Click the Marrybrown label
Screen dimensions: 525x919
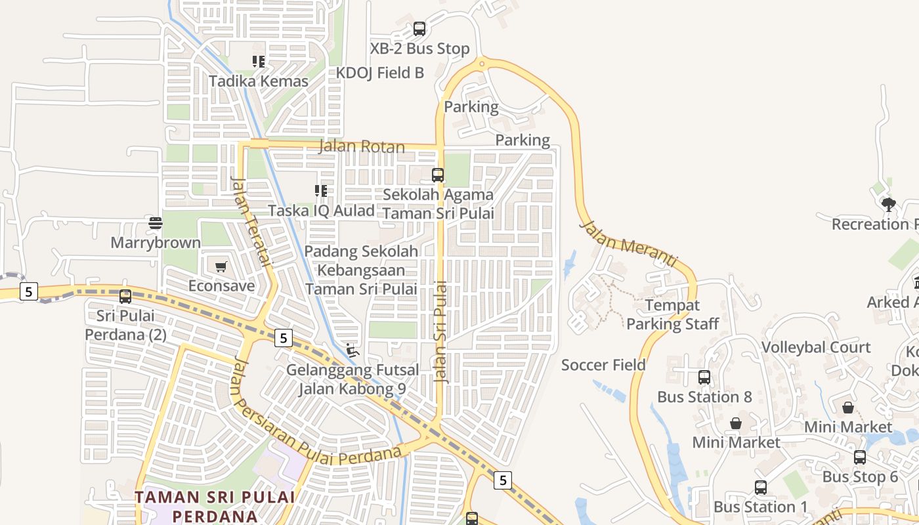(156, 243)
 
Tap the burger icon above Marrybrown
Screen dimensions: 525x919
(156, 223)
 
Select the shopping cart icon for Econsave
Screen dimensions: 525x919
(221, 267)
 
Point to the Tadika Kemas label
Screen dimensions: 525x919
(259, 81)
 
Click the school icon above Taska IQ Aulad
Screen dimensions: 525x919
(321, 191)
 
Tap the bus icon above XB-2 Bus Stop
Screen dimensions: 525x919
(419, 29)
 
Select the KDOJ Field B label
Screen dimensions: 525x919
(380, 73)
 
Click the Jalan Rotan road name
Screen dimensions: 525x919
(362, 146)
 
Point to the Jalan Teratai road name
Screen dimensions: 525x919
(251, 222)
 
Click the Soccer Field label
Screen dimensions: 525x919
(603, 365)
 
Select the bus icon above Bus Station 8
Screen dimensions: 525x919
(704, 377)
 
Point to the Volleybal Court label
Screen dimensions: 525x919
(816, 347)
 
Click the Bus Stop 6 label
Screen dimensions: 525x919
(860, 477)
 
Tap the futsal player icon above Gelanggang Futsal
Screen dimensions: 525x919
(353, 350)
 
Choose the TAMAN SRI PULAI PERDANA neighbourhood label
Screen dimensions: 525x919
(215, 506)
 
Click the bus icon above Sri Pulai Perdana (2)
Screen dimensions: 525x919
(125, 297)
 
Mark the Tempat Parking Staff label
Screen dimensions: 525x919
(673, 314)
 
